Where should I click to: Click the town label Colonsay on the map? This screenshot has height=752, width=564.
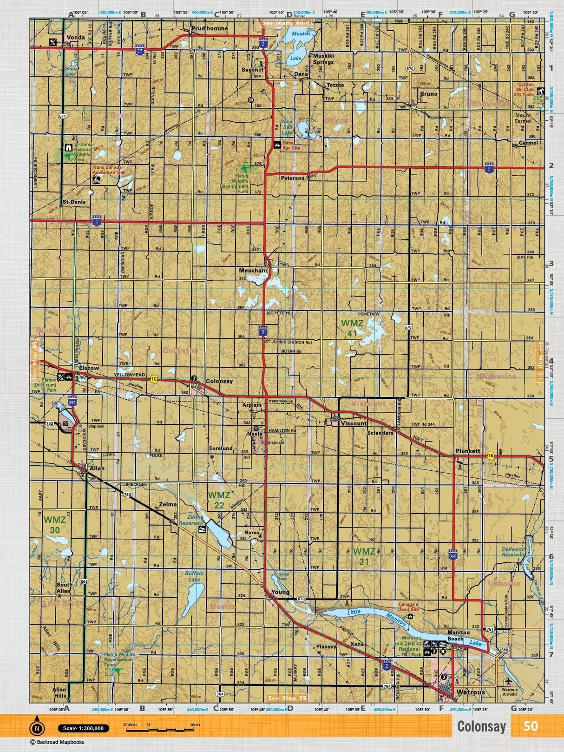point(219,381)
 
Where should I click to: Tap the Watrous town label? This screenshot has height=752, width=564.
point(471,692)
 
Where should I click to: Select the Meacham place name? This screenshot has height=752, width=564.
point(253,270)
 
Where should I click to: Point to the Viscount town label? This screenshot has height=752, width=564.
point(354,423)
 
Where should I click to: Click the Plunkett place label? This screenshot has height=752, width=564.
point(467,451)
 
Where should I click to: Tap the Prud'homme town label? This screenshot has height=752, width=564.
point(210,28)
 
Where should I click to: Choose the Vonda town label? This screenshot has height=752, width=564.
point(76,37)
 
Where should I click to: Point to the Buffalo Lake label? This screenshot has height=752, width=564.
point(194,576)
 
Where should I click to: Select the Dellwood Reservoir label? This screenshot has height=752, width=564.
point(513,552)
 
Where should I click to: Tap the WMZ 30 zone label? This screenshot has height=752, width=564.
point(55,525)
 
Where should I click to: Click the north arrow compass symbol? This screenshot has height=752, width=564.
point(37,728)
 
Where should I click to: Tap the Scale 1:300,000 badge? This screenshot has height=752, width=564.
point(84,728)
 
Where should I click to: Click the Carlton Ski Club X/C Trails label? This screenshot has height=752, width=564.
point(526,90)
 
